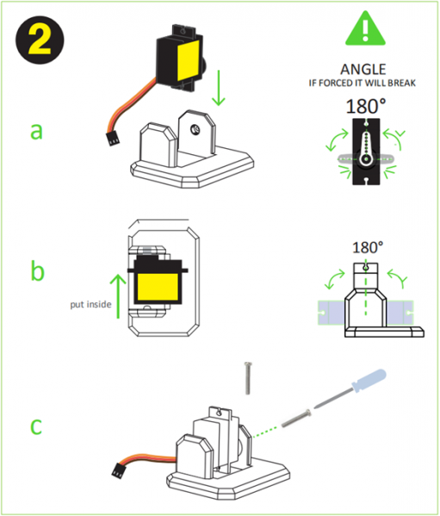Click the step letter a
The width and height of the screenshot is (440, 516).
click(35, 130)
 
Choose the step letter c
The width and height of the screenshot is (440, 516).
click(35, 426)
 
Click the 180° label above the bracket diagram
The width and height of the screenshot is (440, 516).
click(368, 246)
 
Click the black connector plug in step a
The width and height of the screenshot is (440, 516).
click(113, 136)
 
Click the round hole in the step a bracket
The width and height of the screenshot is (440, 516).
click(195, 129)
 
